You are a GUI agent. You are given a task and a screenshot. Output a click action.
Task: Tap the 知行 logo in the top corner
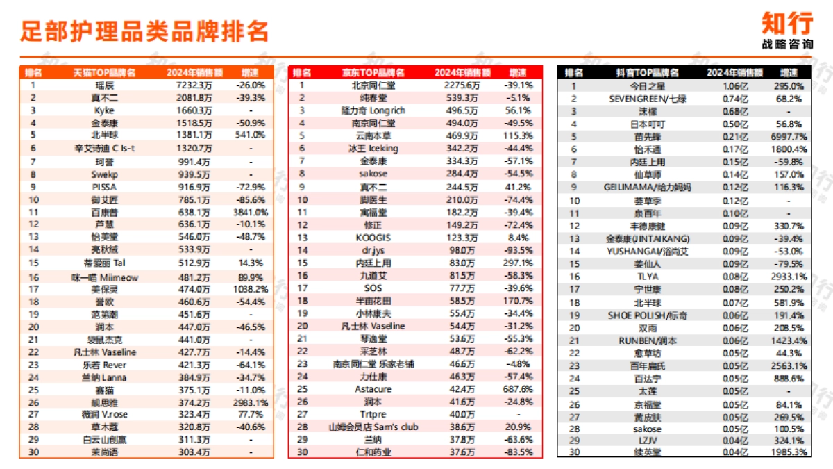786,24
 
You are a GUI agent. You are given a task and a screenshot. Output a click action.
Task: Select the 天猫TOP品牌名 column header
104,72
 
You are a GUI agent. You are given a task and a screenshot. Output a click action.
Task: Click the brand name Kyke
104,110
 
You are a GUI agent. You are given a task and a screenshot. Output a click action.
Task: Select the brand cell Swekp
104,173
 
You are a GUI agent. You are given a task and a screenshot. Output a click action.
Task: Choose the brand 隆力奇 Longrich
373,110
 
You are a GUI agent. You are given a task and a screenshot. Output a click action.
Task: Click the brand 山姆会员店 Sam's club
373,427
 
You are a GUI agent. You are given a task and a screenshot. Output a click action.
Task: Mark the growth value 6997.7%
789,137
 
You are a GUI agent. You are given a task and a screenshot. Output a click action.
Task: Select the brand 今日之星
647,86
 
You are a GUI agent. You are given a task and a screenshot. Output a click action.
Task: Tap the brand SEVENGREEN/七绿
647,99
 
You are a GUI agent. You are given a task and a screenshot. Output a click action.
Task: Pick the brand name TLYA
647,276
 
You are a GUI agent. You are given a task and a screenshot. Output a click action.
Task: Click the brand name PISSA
104,186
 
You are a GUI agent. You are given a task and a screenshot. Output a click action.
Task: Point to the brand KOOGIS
373,237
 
